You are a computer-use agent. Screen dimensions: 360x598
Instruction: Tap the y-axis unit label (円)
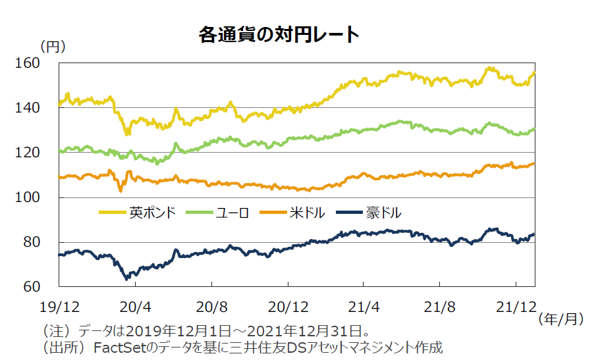(53, 47)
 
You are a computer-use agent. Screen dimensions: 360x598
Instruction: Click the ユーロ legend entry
(231, 213)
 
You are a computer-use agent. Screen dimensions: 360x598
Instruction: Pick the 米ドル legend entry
(306, 213)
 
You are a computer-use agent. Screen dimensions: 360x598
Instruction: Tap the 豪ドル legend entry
(384, 213)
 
